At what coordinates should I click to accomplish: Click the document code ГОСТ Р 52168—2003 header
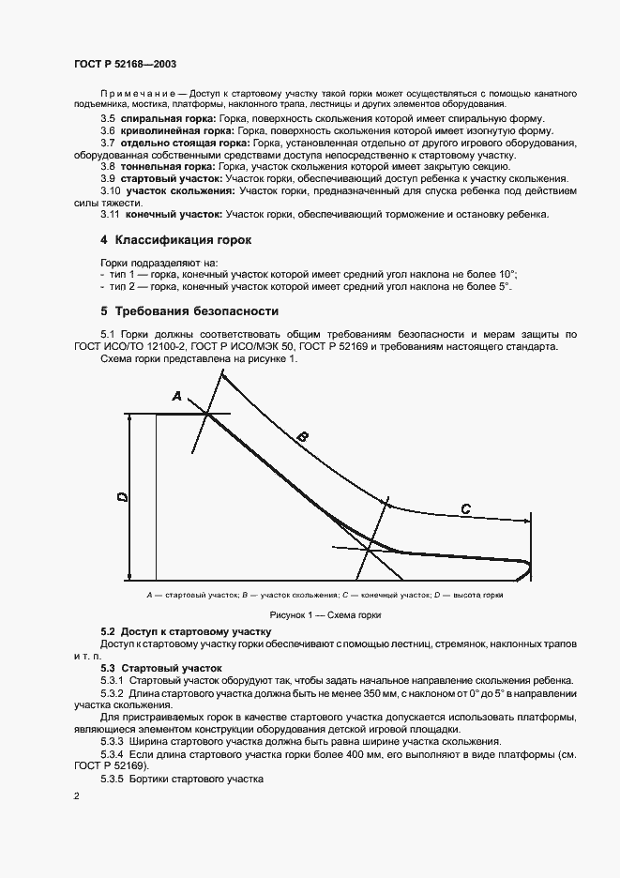click(124, 65)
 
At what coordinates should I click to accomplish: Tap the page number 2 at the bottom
click(76, 796)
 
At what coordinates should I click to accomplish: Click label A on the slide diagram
click(176, 397)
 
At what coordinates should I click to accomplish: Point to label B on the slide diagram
click(302, 436)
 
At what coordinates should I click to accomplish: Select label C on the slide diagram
click(465, 508)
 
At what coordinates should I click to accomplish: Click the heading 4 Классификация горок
click(176, 240)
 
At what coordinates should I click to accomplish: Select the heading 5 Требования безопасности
click(189, 310)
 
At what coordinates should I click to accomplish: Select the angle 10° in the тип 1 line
click(505, 275)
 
